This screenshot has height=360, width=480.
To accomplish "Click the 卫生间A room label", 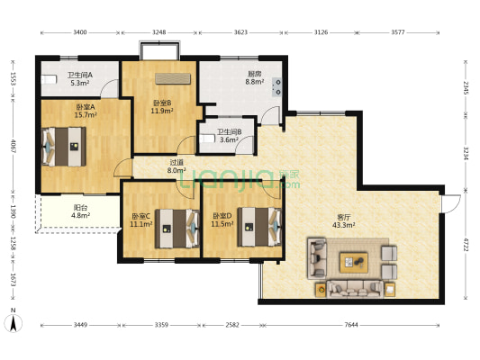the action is pos(80,75).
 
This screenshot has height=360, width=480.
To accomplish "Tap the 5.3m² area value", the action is pos(80,83).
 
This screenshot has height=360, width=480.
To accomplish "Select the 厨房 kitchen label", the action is pos(254,74).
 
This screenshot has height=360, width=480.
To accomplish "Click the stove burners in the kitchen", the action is pos(277,87).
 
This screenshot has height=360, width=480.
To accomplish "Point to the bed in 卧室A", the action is pos(64,147).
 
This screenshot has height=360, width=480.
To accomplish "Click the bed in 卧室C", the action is pos(177,229).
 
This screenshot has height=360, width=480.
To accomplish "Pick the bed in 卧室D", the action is pos(259,227).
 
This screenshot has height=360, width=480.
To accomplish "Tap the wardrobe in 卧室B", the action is pos(173,78).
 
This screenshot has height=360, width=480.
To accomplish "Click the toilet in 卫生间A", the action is pos(49,79).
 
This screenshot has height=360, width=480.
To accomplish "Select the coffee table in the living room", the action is pos(354,263).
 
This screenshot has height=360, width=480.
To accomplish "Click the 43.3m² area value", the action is pos(344,225).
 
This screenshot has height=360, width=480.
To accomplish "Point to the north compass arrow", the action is pos(14,324).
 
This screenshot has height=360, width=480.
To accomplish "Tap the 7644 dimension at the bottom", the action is pos(351,325).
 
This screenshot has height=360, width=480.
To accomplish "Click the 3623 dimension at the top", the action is pos(240,32).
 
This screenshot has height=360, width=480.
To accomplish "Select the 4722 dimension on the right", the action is pos(466,245).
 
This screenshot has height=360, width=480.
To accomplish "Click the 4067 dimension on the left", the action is pos(13,147).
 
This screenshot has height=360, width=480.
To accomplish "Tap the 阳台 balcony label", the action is pos(80,208).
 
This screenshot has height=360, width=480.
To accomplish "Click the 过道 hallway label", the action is pos(177,163).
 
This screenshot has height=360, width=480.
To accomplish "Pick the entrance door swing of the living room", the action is pos(451,203).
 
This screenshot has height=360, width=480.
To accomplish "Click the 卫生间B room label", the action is pos(230,132).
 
